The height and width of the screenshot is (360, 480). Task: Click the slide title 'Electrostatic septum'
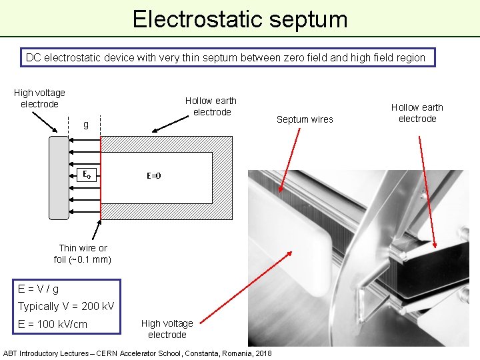[240, 19]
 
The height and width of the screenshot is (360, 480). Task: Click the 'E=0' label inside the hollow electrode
[154, 177]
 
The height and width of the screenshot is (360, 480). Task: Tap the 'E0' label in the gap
[87, 175]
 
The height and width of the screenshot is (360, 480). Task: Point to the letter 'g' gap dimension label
[85, 125]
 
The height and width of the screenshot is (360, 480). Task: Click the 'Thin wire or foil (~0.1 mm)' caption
[83, 254]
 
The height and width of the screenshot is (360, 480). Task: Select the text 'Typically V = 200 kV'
[66, 307]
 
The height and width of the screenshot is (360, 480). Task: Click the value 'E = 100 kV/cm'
[53, 325]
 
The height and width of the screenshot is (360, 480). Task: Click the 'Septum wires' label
[305, 119]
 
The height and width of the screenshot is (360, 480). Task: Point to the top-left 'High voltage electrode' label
[39, 99]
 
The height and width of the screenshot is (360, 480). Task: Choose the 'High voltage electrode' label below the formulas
[167, 329]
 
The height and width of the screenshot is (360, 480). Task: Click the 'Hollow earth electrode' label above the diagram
[211, 106]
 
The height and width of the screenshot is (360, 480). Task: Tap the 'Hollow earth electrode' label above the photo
[417, 113]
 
